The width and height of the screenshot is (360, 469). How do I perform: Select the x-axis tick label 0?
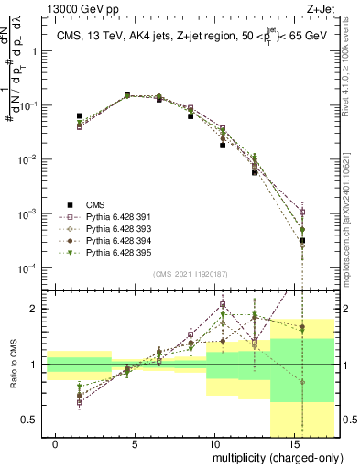56,444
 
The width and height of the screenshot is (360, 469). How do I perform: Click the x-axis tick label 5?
136,444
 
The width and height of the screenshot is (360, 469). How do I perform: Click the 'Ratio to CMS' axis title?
12,376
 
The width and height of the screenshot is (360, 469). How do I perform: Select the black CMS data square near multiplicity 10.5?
223,145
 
